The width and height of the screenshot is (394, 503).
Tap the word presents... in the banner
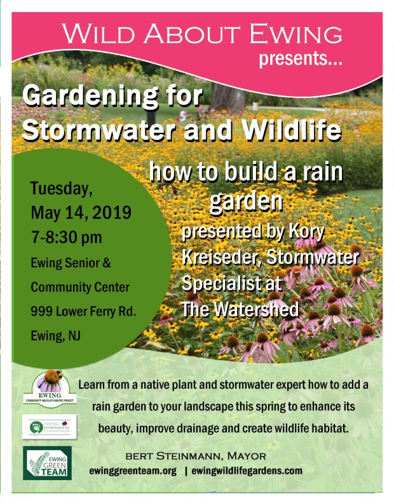tap(301, 61)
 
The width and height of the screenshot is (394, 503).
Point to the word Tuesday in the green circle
tap(62, 189)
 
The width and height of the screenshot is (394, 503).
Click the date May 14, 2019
tap(81, 211)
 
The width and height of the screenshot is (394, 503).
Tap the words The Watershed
tap(240, 309)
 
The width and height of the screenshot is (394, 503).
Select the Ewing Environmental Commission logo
tap(50, 426)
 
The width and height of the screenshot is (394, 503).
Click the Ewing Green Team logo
tap(47, 462)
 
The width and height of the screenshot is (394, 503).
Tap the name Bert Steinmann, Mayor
tap(196, 455)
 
